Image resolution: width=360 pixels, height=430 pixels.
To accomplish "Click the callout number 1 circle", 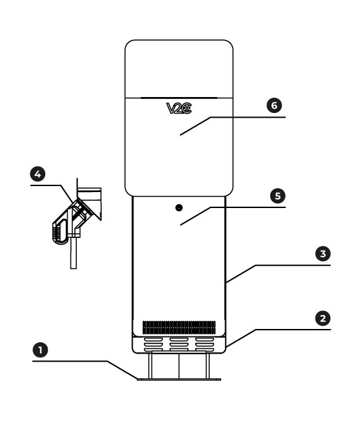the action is [x=41, y=350].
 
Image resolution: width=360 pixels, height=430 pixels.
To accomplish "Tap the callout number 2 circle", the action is [x=323, y=318].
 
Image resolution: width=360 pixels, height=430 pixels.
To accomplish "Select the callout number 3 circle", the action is [x=323, y=254].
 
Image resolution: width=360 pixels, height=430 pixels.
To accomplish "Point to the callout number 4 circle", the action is [x=38, y=174].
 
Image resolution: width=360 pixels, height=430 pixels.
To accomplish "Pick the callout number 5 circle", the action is [x=278, y=196].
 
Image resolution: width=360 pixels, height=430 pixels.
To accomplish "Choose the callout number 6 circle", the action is [x=274, y=105].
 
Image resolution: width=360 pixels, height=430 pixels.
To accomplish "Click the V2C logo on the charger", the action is [x=179, y=108].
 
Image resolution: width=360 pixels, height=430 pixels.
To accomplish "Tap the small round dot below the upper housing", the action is [x=179, y=208].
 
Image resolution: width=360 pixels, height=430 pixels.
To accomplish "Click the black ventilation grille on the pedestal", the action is [x=179, y=328].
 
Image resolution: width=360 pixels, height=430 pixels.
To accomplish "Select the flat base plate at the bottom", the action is [x=179, y=379].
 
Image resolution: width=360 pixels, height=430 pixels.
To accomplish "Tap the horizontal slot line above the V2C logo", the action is [x=179, y=97].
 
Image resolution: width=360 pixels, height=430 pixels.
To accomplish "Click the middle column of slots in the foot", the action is [x=179, y=344].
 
